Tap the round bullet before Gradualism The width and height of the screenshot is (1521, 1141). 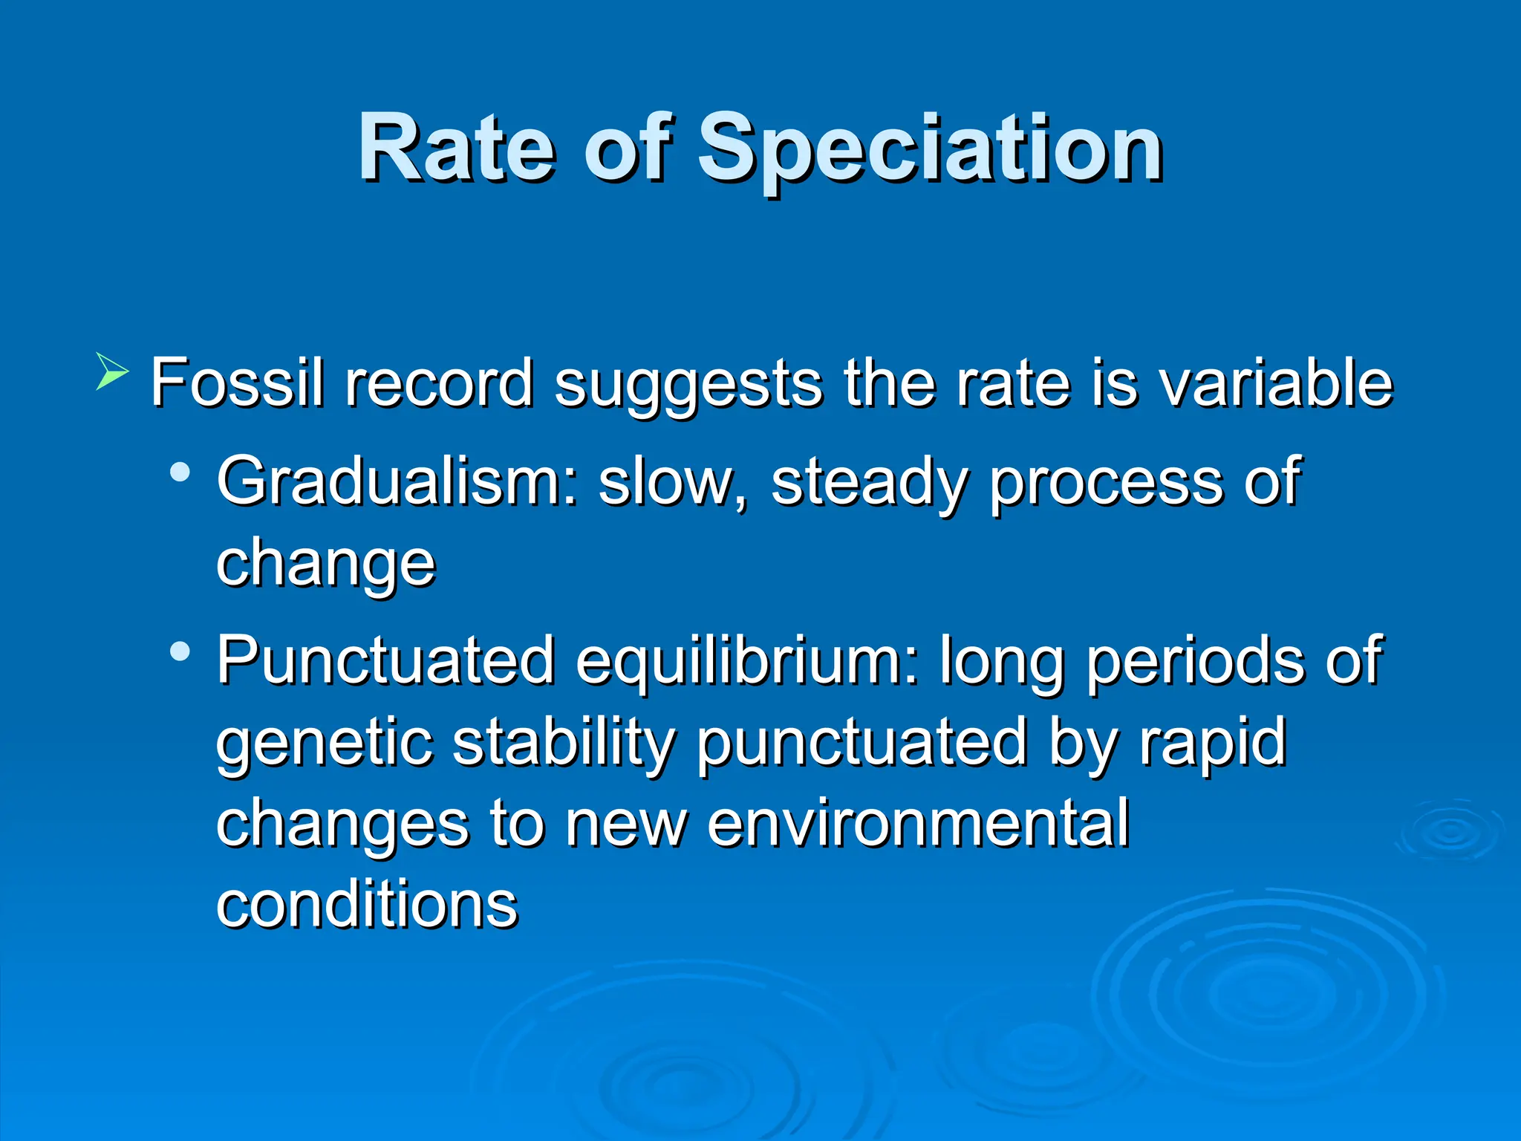[x=180, y=472]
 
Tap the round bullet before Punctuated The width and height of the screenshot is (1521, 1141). [x=180, y=651]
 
